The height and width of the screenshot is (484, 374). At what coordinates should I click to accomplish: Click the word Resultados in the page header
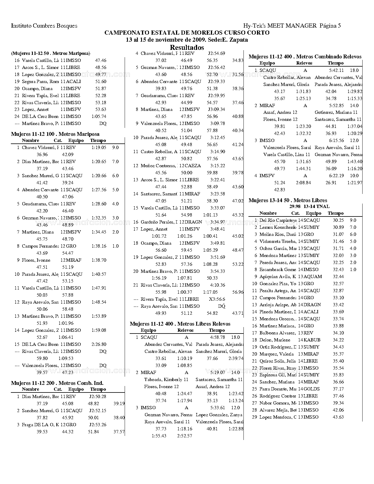pos(187,48)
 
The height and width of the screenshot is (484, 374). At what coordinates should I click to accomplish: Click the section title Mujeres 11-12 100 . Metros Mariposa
pos(55,134)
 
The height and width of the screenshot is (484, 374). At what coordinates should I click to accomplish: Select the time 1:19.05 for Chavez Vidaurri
pos(99,148)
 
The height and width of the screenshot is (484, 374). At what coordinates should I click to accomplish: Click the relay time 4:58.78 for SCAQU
pos(218,337)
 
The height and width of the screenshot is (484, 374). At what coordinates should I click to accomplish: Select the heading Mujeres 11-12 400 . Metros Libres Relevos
pos(180,324)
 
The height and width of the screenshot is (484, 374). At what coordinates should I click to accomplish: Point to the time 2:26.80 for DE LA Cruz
pos(99,344)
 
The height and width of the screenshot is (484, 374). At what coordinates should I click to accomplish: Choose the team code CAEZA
pos(193,166)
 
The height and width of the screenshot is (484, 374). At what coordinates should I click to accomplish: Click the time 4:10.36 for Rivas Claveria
pos(218,285)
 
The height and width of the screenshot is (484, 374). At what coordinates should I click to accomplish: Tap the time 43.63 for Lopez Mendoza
pos(338,417)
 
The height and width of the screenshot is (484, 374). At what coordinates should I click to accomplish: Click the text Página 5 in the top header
pos(330,26)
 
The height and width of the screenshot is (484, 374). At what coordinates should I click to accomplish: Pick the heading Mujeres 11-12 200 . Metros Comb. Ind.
pos(57,383)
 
